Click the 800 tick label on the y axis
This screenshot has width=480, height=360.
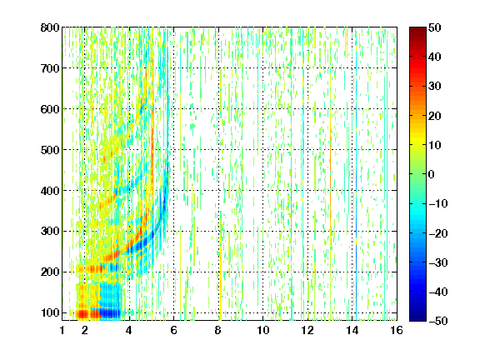(x=50, y=27)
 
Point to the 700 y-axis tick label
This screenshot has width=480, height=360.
(x=50, y=68)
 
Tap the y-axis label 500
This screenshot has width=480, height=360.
(x=50, y=150)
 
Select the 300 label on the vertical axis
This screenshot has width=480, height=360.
(x=50, y=231)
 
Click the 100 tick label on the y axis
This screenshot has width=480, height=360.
(x=50, y=312)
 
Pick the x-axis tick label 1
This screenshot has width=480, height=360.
(x=62, y=330)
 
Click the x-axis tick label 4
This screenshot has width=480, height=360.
(x=129, y=330)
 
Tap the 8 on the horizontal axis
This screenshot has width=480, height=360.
(x=217, y=330)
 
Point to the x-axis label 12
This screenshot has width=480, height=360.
(x=307, y=330)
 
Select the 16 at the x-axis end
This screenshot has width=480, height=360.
(x=397, y=330)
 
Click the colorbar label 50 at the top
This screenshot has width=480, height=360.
(x=434, y=27)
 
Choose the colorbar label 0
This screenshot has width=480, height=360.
(x=432, y=174)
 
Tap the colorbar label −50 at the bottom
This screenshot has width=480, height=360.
(x=438, y=321)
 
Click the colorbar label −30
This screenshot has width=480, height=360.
(x=438, y=262)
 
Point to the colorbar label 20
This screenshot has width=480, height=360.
(x=434, y=116)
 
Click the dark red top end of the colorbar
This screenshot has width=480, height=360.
(x=417, y=30)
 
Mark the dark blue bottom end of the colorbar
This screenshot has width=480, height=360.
(x=417, y=318)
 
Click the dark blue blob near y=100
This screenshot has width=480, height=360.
(x=111, y=313)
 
